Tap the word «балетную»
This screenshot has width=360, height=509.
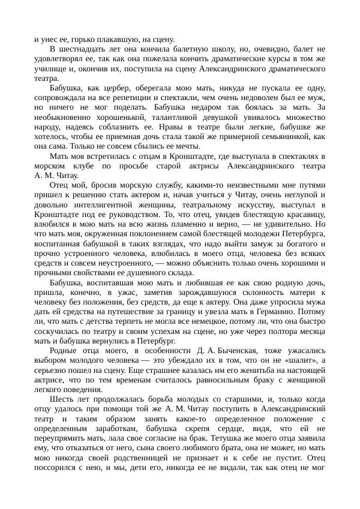[210, 49]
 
